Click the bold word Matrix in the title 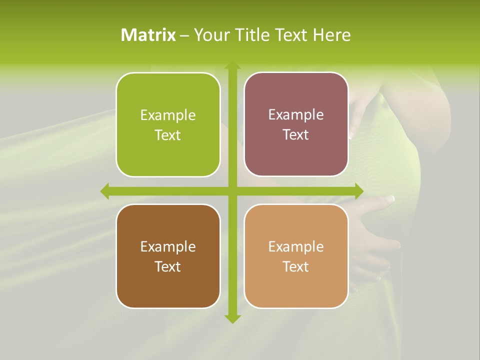tap(148, 35)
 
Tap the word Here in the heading tap(331, 35)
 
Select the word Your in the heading tap(210, 35)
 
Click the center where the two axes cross tap(232, 191)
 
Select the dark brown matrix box tap(168, 285)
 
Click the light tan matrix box tap(296, 285)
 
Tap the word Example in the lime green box tap(168, 115)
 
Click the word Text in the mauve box tap(296, 135)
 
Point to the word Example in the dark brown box tap(168, 247)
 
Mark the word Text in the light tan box tap(296, 266)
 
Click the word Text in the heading tap(292, 35)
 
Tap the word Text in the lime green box tap(168, 135)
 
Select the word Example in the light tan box tap(296, 247)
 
